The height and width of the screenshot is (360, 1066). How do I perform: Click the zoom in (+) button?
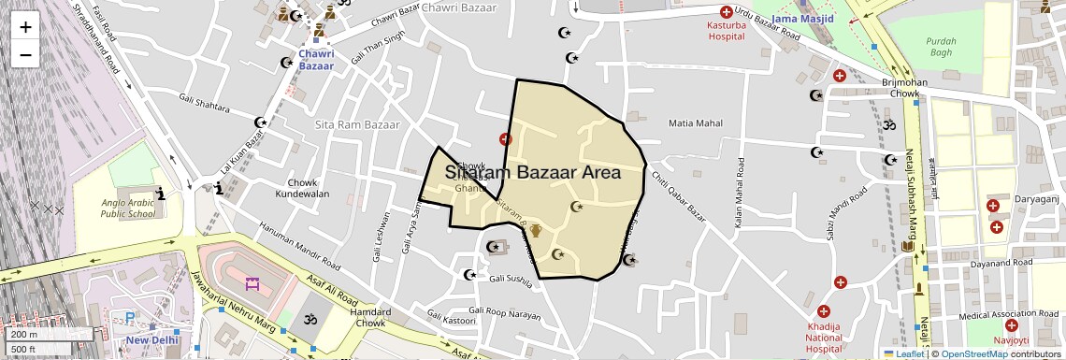click(x=25, y=27)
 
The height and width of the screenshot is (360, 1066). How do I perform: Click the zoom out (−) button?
click(x=25, y=55)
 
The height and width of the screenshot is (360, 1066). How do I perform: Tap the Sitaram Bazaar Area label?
click(x=533, y=173)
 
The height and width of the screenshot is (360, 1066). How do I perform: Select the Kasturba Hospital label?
click(x=725, y=31)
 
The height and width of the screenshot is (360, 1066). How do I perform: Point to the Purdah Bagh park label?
click(x=941, y=47)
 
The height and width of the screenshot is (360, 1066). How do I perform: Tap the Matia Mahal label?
click(x=696, y=123)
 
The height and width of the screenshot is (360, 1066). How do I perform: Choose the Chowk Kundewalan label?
click(x=302, y=187)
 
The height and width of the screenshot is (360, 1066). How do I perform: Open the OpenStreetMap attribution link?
click(x=972, y=353)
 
